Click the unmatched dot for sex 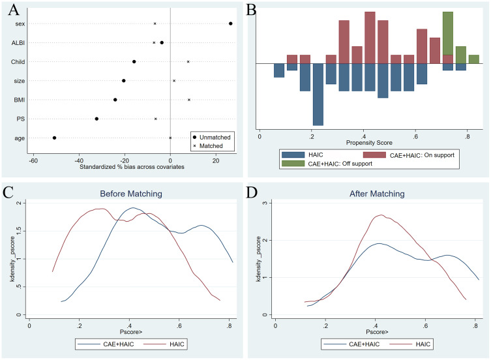(x=231, y=23)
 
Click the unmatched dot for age (x=54, y=138)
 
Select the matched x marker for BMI (x=189, y=100)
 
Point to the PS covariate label (x=20, y=119)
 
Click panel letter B (x=250, y=10)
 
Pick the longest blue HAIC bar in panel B (x=318, y=94)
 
